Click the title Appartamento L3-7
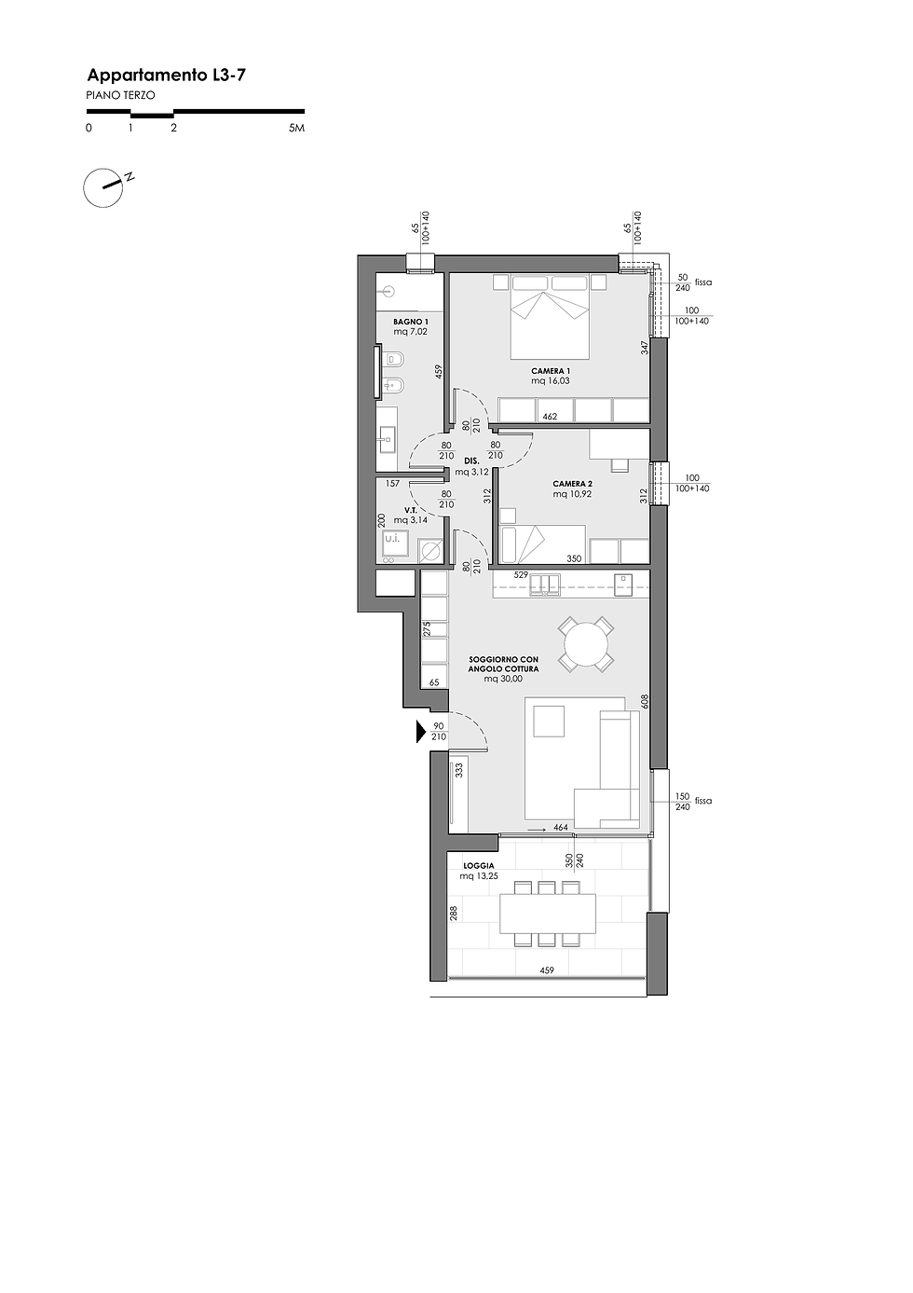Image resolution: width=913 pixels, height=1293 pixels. coord(166,76)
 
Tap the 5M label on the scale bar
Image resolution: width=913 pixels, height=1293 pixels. coord(296,128)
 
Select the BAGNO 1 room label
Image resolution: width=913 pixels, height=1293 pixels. coord(411,322)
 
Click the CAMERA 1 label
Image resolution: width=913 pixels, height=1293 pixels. coord(551,371)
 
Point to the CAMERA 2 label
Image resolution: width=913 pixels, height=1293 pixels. coord(572,485)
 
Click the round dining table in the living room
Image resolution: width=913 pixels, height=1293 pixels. coord(585,644)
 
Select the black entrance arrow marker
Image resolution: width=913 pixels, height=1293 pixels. coord(421,732)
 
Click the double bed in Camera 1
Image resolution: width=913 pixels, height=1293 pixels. coord(549,316)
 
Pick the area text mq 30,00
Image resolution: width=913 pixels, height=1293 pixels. coord(503,679)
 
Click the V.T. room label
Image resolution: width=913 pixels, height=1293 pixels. coord(411,510)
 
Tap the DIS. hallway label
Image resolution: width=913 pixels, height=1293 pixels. coord(471,461)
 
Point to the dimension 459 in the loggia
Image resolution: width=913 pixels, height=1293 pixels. coord(547,970)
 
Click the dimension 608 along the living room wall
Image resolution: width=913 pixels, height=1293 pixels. coord(645,701)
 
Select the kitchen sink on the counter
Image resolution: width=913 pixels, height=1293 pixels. coord(545,584)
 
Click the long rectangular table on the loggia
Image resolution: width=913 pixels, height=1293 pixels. coord(548,914)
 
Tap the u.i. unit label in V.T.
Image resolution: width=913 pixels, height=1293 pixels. coord(392,539)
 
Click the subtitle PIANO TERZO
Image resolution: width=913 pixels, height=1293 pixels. coord(120,95)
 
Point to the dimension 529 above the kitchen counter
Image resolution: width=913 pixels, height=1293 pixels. coord(521,575)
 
